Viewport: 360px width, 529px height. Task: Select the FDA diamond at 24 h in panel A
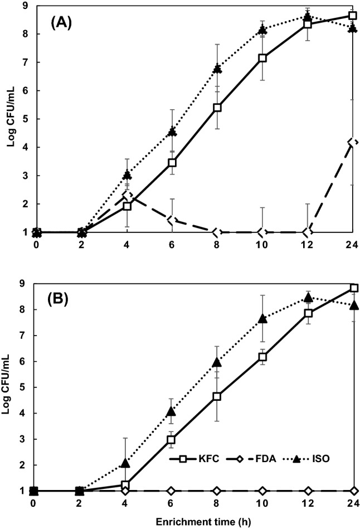[x=352, y=143]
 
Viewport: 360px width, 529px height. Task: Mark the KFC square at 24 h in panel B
[x=352, y=288]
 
